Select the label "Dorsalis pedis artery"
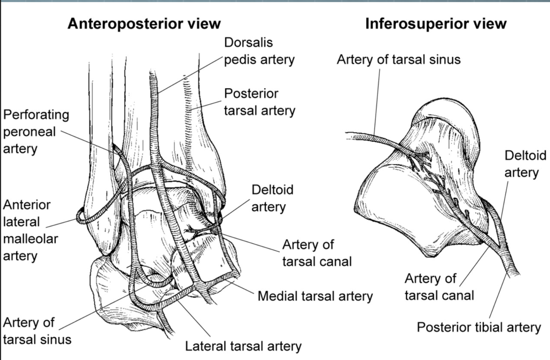(259, 51)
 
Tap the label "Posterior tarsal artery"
(260, 102)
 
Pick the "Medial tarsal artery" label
(315, 296)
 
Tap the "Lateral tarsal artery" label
(243, 346)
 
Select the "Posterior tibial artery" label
(479, 327)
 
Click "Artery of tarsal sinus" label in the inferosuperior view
(398, 59)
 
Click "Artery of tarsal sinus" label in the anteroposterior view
(37, 331)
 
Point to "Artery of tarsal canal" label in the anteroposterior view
(317, 253)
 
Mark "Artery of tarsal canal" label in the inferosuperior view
(439, 287)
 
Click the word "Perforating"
(36, 114)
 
